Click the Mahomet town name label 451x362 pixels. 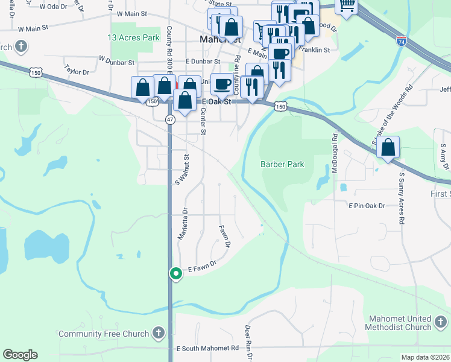pos(215,40)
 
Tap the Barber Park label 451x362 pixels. pos(282,164)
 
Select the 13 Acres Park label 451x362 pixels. pos(133,37)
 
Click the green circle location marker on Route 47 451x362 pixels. pos(175,274)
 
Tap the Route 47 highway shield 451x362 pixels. pos(171,119)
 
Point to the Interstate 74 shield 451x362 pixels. pos(402,41)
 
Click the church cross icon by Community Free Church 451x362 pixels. pos(158,332)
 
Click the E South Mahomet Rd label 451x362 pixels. pos(207,349)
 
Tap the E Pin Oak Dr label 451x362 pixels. pos(366,206)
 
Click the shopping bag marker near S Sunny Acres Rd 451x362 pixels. pos(388,147)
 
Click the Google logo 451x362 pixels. pos(20,355)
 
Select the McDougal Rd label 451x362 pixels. pos(334,154)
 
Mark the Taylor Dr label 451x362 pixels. pos(77,71)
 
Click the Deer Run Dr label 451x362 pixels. pos(247,338)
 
